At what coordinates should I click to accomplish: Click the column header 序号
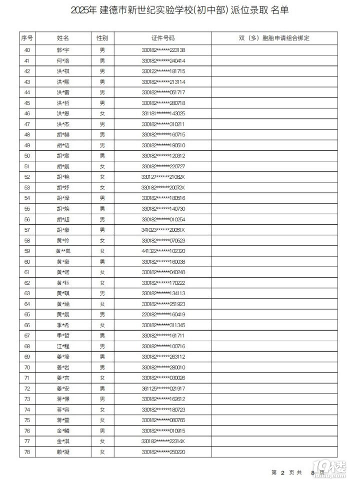[x=27, y=38]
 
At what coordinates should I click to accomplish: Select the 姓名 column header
[x=63, y=38]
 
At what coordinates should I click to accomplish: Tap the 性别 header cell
[x=102, y=38]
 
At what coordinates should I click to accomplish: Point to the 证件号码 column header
[x=163, y=38]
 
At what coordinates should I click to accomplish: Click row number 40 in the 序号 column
[x=27, y=50]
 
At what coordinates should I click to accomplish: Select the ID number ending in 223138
[x=163, y=50]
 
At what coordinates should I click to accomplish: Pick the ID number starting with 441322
[x=163, y=251]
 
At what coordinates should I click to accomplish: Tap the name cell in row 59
[x=63, y=251]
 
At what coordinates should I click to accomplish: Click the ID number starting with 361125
[x=163, y=388]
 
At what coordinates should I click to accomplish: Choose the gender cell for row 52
[x=102, y=177]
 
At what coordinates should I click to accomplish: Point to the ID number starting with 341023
[x=163, y=230]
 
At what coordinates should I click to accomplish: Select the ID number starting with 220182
[x=163, y=314]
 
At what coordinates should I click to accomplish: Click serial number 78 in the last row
[x=27, y=452]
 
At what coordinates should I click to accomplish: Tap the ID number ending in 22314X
[x=163, y=441]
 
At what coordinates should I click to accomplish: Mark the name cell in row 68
[x=63, y=346]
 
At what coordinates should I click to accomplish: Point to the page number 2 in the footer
[x=282, y=472]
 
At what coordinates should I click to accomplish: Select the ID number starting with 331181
[x=163, y=113]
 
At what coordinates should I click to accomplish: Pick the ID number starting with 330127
[x=163, y=177]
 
